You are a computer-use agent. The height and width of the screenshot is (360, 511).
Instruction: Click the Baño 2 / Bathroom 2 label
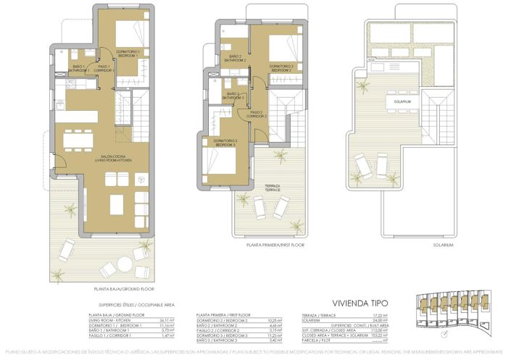(x=235, y=58)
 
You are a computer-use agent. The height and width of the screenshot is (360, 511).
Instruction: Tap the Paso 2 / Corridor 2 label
(x=257, y=114)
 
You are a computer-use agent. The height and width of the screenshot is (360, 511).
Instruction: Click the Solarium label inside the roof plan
(x=402, y=102)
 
